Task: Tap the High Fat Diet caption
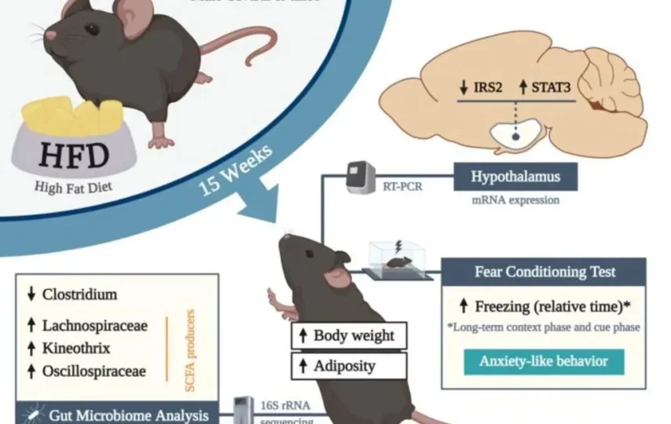pos(74,187)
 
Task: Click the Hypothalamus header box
pos(515,177)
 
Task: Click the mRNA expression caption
pos(515,200)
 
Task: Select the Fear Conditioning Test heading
pos(545,272)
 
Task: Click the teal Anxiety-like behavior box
pos(544,362)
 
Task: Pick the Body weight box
pos(349,336)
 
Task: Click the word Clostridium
pos(79,294)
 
